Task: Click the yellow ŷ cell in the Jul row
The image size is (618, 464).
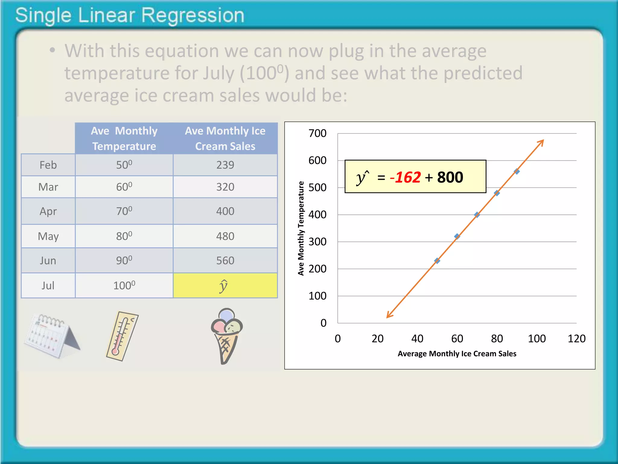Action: [x=225, y=285]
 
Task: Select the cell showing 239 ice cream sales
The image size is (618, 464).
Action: [x=225, y=165]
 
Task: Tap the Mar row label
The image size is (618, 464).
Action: [x=48, y=187]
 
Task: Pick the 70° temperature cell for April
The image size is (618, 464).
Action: [x=124, y=211]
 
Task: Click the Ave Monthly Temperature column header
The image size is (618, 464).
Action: [x=124, y=138]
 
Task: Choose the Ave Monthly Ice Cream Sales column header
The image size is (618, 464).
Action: [x=225, y=138]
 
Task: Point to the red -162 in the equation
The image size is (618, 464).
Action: [x=405, y=177]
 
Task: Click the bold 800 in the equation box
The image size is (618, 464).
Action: [x=450, y=177]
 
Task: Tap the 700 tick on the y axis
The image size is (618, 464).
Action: [x=317, y=133]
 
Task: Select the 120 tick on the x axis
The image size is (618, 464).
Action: [x=576, y=339]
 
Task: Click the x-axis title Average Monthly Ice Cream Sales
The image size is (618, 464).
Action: [x=457, y=354]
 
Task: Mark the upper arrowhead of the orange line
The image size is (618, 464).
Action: [x=542, y=141]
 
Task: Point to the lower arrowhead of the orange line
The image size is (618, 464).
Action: [x=388, y=316]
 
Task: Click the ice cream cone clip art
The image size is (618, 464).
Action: [x=227, y=336]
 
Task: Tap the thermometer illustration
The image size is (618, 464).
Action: [x=122, y=336]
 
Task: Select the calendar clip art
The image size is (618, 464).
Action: [x=51, y=335]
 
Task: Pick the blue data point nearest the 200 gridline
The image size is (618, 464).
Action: [x=437, y=261]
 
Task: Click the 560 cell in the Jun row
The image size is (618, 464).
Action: [x=225, y=261]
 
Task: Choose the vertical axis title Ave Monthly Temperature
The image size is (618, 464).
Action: [x=301, y=228]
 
